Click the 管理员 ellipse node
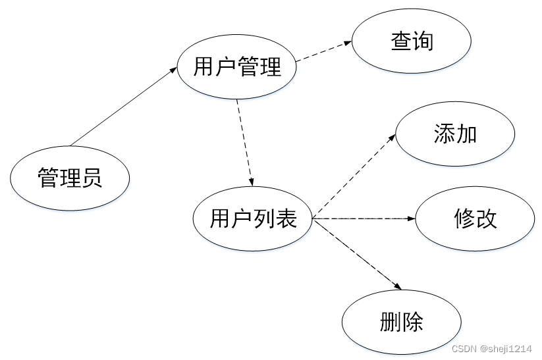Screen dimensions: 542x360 coord(70,178)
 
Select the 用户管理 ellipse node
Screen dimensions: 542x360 coord(237,66)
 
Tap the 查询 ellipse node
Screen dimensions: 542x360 coord(412,41)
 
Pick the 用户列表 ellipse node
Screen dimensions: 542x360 coord(253,219)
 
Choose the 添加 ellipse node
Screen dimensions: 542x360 coord(455,134)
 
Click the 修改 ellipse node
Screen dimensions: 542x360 coord(475,219)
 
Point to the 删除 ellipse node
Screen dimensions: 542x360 coord(402,322)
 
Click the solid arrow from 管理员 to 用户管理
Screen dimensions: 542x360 coord(123,107)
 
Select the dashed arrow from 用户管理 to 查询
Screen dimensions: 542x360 coord(324,51)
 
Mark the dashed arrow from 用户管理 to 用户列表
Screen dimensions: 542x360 coord(245,143)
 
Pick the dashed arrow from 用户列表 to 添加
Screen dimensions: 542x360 coord(354,175)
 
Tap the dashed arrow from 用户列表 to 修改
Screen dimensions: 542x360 coord(364,219)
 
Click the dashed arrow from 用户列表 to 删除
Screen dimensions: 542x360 coord(358,254)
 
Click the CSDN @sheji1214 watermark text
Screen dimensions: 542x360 coord(491,349)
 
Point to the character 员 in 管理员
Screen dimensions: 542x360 coord(92,178)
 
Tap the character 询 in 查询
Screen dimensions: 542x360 coord(423,41)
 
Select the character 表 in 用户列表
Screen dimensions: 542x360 coord(286,219)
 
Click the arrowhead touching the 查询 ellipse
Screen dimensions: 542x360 coord(348,43)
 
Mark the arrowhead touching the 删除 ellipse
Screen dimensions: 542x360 coord(398,286)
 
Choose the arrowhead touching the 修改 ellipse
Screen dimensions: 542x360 coord(412,219)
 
